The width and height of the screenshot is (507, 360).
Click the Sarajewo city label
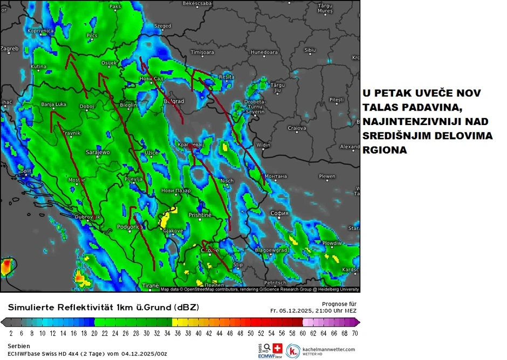98,153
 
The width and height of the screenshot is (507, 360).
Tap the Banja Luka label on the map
53,104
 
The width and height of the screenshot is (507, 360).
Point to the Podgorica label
129,227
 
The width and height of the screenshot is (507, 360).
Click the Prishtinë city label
200,215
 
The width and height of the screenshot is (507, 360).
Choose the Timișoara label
202,52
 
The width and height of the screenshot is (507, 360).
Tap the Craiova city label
297,128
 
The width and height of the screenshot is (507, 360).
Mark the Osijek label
109,63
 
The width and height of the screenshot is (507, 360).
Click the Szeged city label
162,26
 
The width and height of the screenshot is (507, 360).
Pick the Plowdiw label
332,243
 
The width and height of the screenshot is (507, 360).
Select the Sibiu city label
310,50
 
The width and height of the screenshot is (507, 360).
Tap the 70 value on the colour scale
355,334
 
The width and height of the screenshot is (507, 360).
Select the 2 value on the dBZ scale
12,334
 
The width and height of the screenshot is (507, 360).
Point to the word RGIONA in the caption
385,151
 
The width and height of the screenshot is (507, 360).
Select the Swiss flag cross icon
278,348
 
